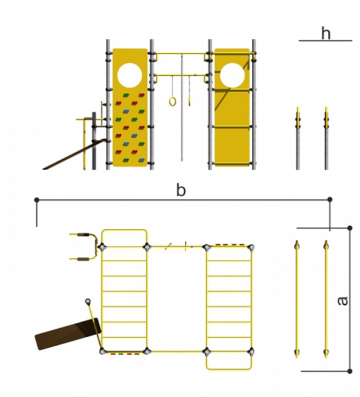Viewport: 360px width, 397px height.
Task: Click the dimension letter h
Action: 326,33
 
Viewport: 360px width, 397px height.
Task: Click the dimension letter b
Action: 180,190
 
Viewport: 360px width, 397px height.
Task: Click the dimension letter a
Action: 343,301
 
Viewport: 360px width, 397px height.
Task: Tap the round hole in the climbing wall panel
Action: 130,75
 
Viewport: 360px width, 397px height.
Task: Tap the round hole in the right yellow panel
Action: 232,75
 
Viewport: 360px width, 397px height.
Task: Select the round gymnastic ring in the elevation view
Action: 173,101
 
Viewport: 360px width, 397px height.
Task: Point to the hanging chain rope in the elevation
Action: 182,108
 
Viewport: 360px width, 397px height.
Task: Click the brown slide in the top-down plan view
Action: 68,334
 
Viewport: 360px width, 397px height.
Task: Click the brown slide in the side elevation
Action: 75,154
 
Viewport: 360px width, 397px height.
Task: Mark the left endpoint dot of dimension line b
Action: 37,200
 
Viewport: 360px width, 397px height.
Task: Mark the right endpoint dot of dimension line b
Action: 330,200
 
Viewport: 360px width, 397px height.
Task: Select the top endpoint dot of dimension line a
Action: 350,228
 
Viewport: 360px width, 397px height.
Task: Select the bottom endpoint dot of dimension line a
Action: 350,371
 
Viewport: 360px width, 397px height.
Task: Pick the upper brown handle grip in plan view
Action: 84,235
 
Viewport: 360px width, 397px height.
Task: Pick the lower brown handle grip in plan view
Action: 84,260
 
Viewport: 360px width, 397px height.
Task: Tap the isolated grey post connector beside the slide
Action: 88,302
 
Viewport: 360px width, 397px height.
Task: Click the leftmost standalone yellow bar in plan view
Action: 297,299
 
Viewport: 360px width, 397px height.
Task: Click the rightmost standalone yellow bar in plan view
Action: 326,299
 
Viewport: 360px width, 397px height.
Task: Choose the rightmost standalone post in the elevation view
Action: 327,138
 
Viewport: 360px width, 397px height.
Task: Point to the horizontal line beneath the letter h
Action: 325,41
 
